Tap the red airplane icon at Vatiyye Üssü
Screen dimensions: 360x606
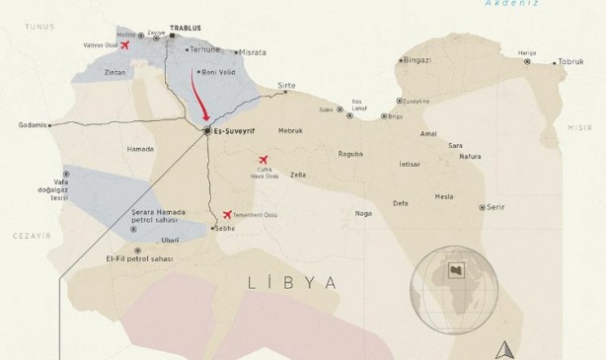123,44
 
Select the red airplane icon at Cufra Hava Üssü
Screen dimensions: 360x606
264,160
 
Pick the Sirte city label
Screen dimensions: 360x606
287,86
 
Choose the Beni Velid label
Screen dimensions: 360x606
219,72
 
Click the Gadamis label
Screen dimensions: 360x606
33,125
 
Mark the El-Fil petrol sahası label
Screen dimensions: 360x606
140,258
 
